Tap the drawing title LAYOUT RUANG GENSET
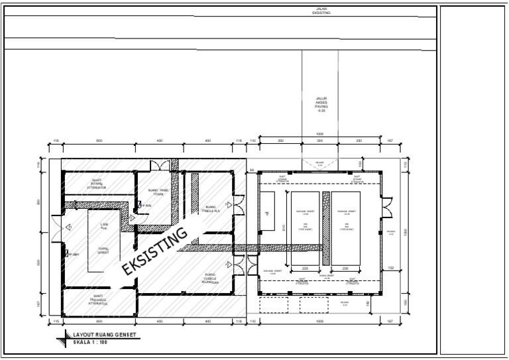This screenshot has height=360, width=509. (x=104, y=335)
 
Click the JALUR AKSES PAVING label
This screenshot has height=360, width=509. (x=322, y=104)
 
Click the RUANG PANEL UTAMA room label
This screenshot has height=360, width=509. (x=158, y=191)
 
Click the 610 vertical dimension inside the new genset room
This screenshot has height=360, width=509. (x=284, y=227)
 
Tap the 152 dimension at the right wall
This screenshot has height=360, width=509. (x=390, y=267)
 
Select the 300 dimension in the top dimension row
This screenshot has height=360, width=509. (x=319, y=141)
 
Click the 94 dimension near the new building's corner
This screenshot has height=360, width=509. (x=252, y=170)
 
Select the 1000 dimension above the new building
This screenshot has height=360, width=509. (x=319, y=134)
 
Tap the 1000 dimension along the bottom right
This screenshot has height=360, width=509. (x=319, y=321)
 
